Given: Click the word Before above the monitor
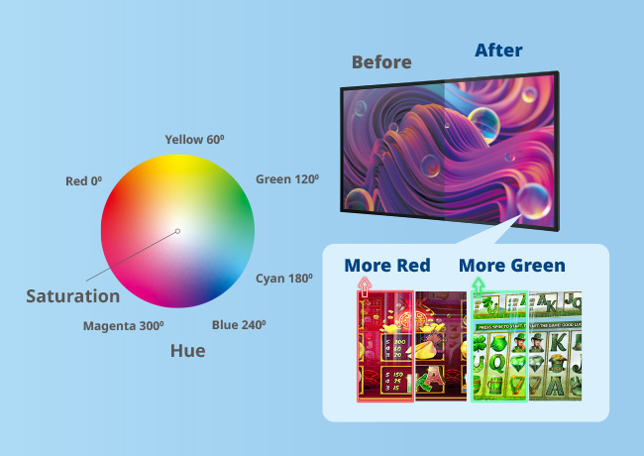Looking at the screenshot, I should pos(381,62).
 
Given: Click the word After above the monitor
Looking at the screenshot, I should pos(498,50).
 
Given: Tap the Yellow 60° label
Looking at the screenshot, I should pos(194,140).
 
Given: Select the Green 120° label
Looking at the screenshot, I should pos(286,179).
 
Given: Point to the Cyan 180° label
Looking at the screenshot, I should pos(284,279).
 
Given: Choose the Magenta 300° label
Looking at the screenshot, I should pos(123,325).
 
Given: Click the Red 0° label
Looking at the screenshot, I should pos(84,181).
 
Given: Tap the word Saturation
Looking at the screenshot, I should pos(72,295).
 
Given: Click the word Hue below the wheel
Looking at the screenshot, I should pos(187,350).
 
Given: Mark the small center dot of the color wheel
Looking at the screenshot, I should pos(177,232).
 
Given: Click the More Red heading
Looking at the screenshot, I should pos(386,266).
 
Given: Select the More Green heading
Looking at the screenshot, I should pos(511,266).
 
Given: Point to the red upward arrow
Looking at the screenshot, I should pos(364,286).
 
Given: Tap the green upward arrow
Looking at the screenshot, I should pos(479,286).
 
